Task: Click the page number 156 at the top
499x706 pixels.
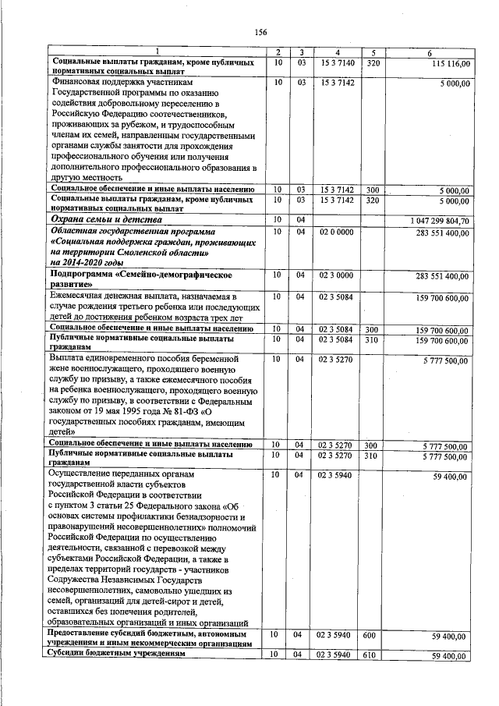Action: [260, 32]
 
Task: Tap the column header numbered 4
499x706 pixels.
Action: [337, 52]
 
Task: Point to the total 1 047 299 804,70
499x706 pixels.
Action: [432, 221]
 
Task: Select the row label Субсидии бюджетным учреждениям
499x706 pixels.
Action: [118, 654]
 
